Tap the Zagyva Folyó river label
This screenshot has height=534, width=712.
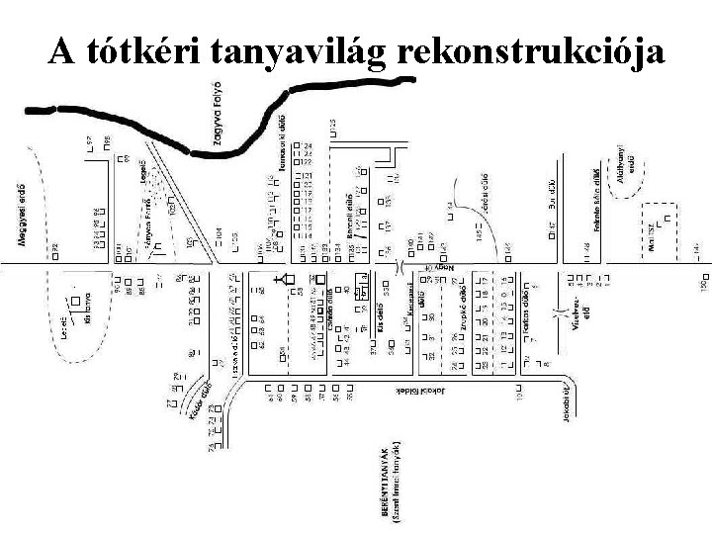point(226,127)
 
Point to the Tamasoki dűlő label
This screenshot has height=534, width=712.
point(284,146)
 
